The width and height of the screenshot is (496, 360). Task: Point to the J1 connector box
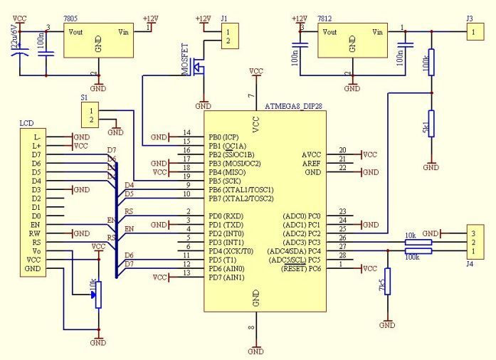226,36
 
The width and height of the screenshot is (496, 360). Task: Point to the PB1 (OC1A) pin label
222,145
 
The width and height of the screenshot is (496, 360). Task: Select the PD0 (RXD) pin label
221,216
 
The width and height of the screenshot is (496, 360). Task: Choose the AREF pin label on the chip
311,163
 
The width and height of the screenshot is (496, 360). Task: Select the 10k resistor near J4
418,242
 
